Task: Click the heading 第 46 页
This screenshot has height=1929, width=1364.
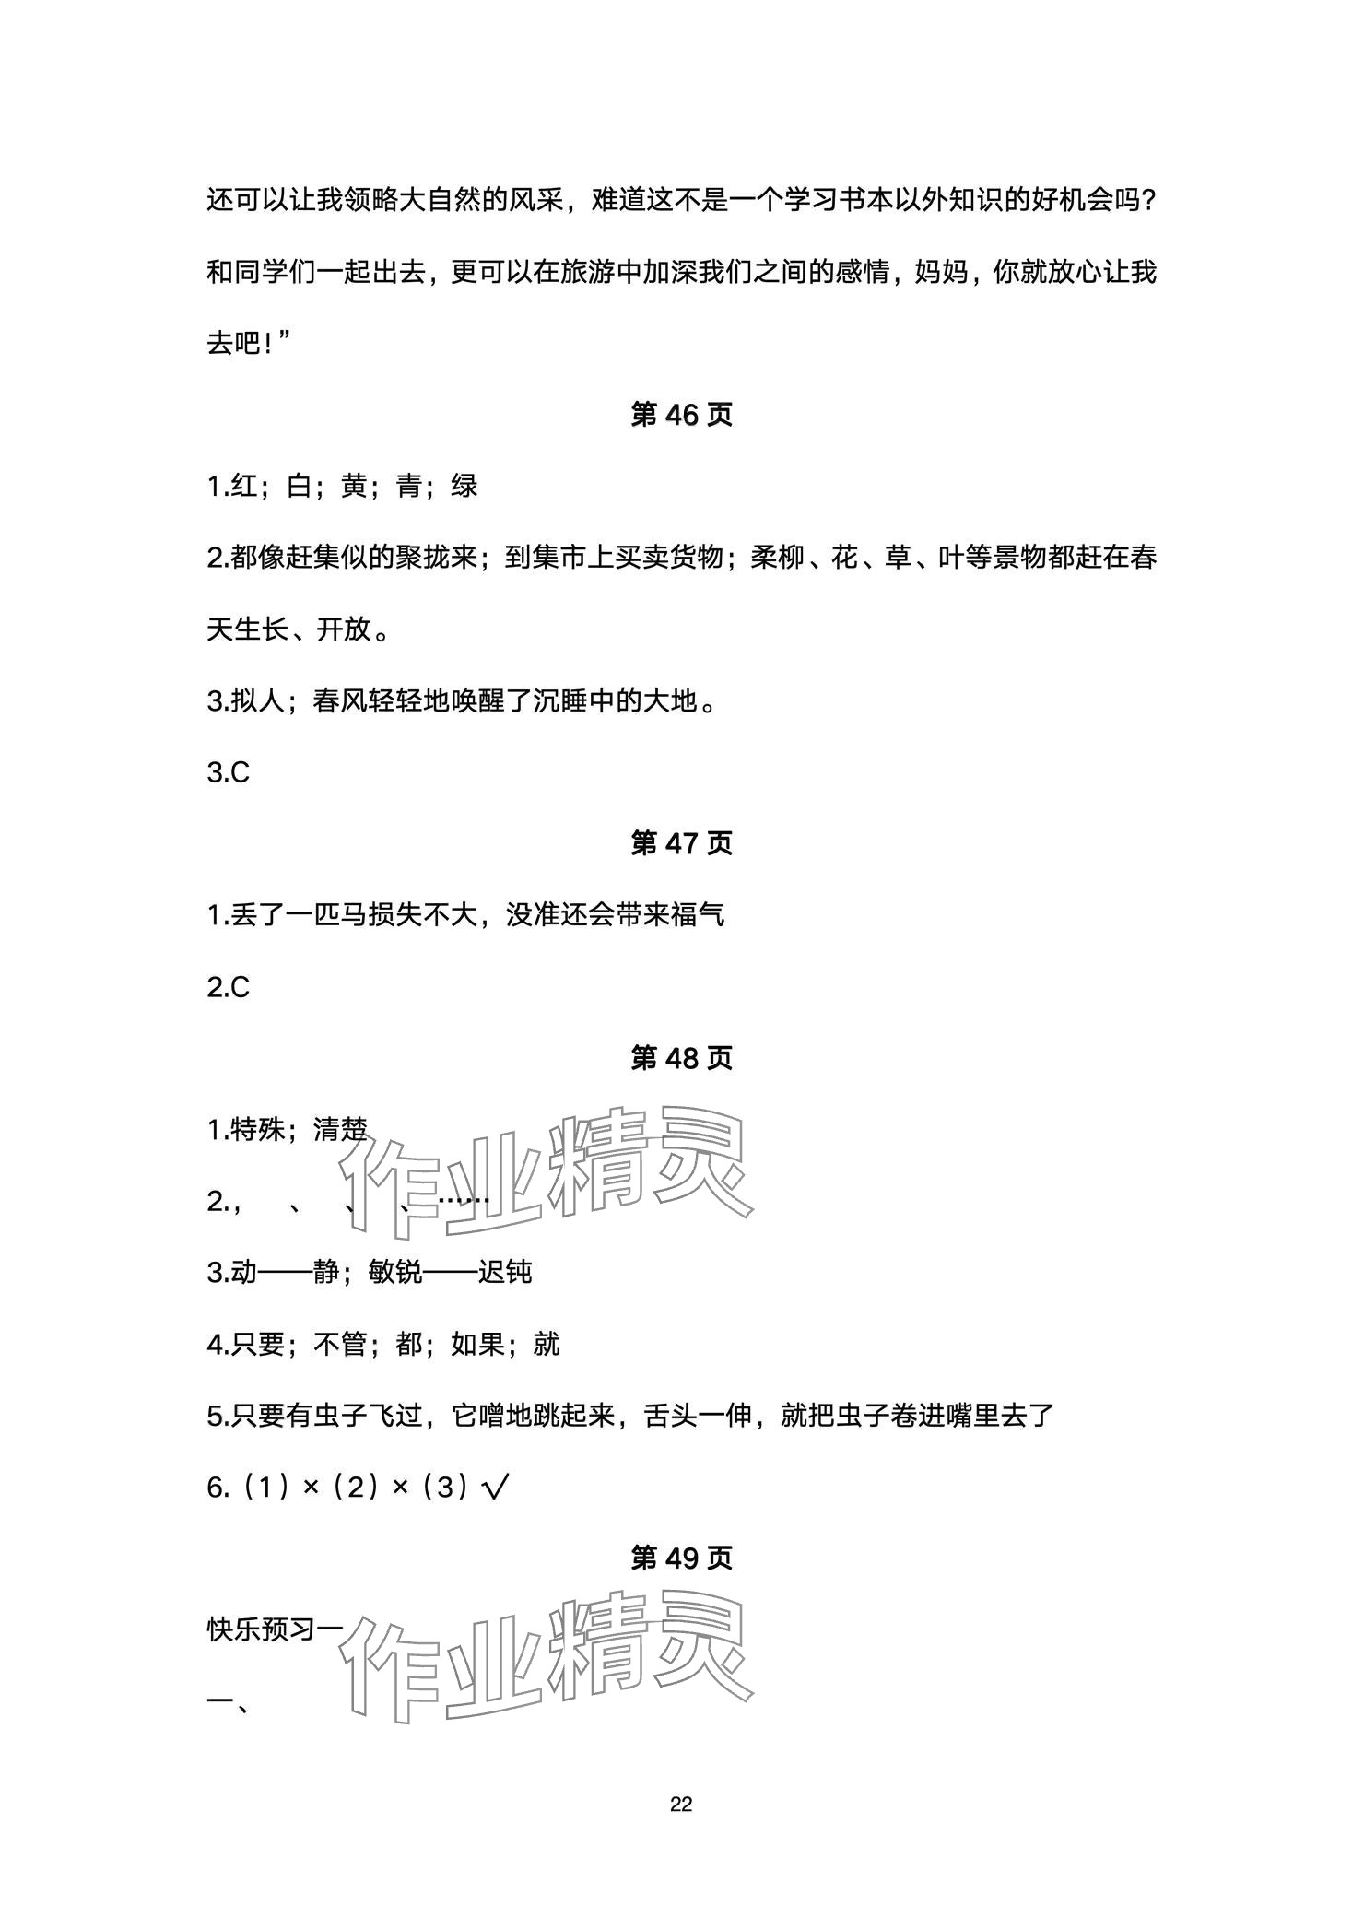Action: coord(681,415)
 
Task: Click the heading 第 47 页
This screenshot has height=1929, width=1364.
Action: coord(681,843)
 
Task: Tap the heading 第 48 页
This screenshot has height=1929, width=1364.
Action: coord(681,1058)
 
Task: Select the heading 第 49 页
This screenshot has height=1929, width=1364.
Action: coord(681,1558)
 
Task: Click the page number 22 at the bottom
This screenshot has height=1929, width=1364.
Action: coord(681,1805)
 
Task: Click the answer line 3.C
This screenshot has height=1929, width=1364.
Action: coord(229,772)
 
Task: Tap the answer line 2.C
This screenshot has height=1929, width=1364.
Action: coord(229,987)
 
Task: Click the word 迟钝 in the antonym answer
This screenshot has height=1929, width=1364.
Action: coord(505,1273)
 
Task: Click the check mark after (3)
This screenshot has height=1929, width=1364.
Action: coord(497,1488)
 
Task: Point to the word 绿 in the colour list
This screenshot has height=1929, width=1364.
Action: coord(464,487)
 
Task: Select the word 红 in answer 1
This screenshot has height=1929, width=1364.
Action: coord(243,487)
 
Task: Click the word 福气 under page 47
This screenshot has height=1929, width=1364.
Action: coord(697,915)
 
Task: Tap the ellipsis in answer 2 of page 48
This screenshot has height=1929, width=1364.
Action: coord(464,1201)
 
